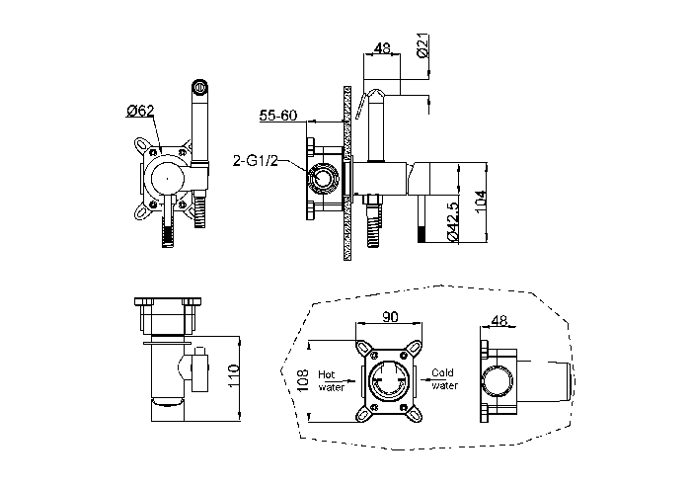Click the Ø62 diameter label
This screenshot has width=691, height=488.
pyautogui.click(x=140, y=111)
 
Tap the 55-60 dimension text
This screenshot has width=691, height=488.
pyautogui.click(x=278, y=116)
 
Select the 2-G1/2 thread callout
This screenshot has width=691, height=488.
pyautogui.click(x=256, y=161)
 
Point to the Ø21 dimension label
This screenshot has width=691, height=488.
pyautogui.click(x=423, y=46)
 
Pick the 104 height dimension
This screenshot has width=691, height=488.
pyautogui.click(x=481, y=203)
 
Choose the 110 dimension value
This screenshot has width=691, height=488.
pyautogui.click(x=233, y=376)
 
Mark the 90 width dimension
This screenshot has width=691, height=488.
pyautogui.click(x=390, y=316)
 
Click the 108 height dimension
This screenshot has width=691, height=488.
pyautogui.click(x=303, y=380)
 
